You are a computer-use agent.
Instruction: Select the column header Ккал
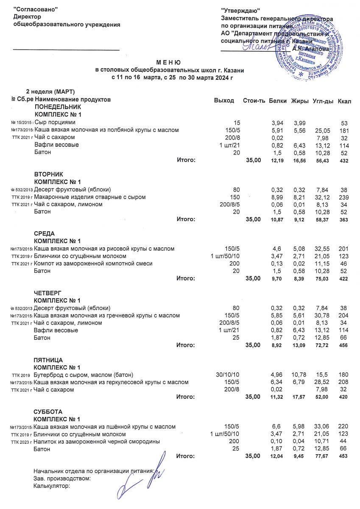(x=344, y=101)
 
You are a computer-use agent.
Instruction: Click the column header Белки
(x=278, y=101)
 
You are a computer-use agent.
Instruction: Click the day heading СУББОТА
(x=48, y=411)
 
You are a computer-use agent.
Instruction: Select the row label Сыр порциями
(x=55, y=123)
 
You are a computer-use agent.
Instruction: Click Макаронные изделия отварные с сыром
(x=90, y=197)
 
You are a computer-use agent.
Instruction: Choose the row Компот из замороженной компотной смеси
(x=93, y=264)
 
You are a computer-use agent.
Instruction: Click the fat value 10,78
(x=299, y=375)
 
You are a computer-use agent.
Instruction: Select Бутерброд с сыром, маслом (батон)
(x=84, y=375)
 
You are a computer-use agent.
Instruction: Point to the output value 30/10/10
(x=228, y=375)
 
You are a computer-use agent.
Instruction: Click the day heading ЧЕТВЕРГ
(x=47, y=293)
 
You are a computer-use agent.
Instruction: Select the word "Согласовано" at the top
(x=36, y=9)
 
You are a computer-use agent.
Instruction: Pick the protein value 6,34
(x=277, y=382)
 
